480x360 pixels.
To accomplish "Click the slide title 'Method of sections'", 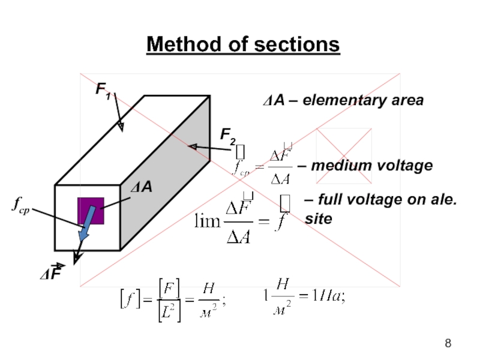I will pos(243,44).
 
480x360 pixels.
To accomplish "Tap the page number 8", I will pos(448,344).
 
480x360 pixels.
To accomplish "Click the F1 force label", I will pos(103,90).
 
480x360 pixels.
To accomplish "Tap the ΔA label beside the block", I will pos(142,188).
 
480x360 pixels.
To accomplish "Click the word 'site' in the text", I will pos(317,219).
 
